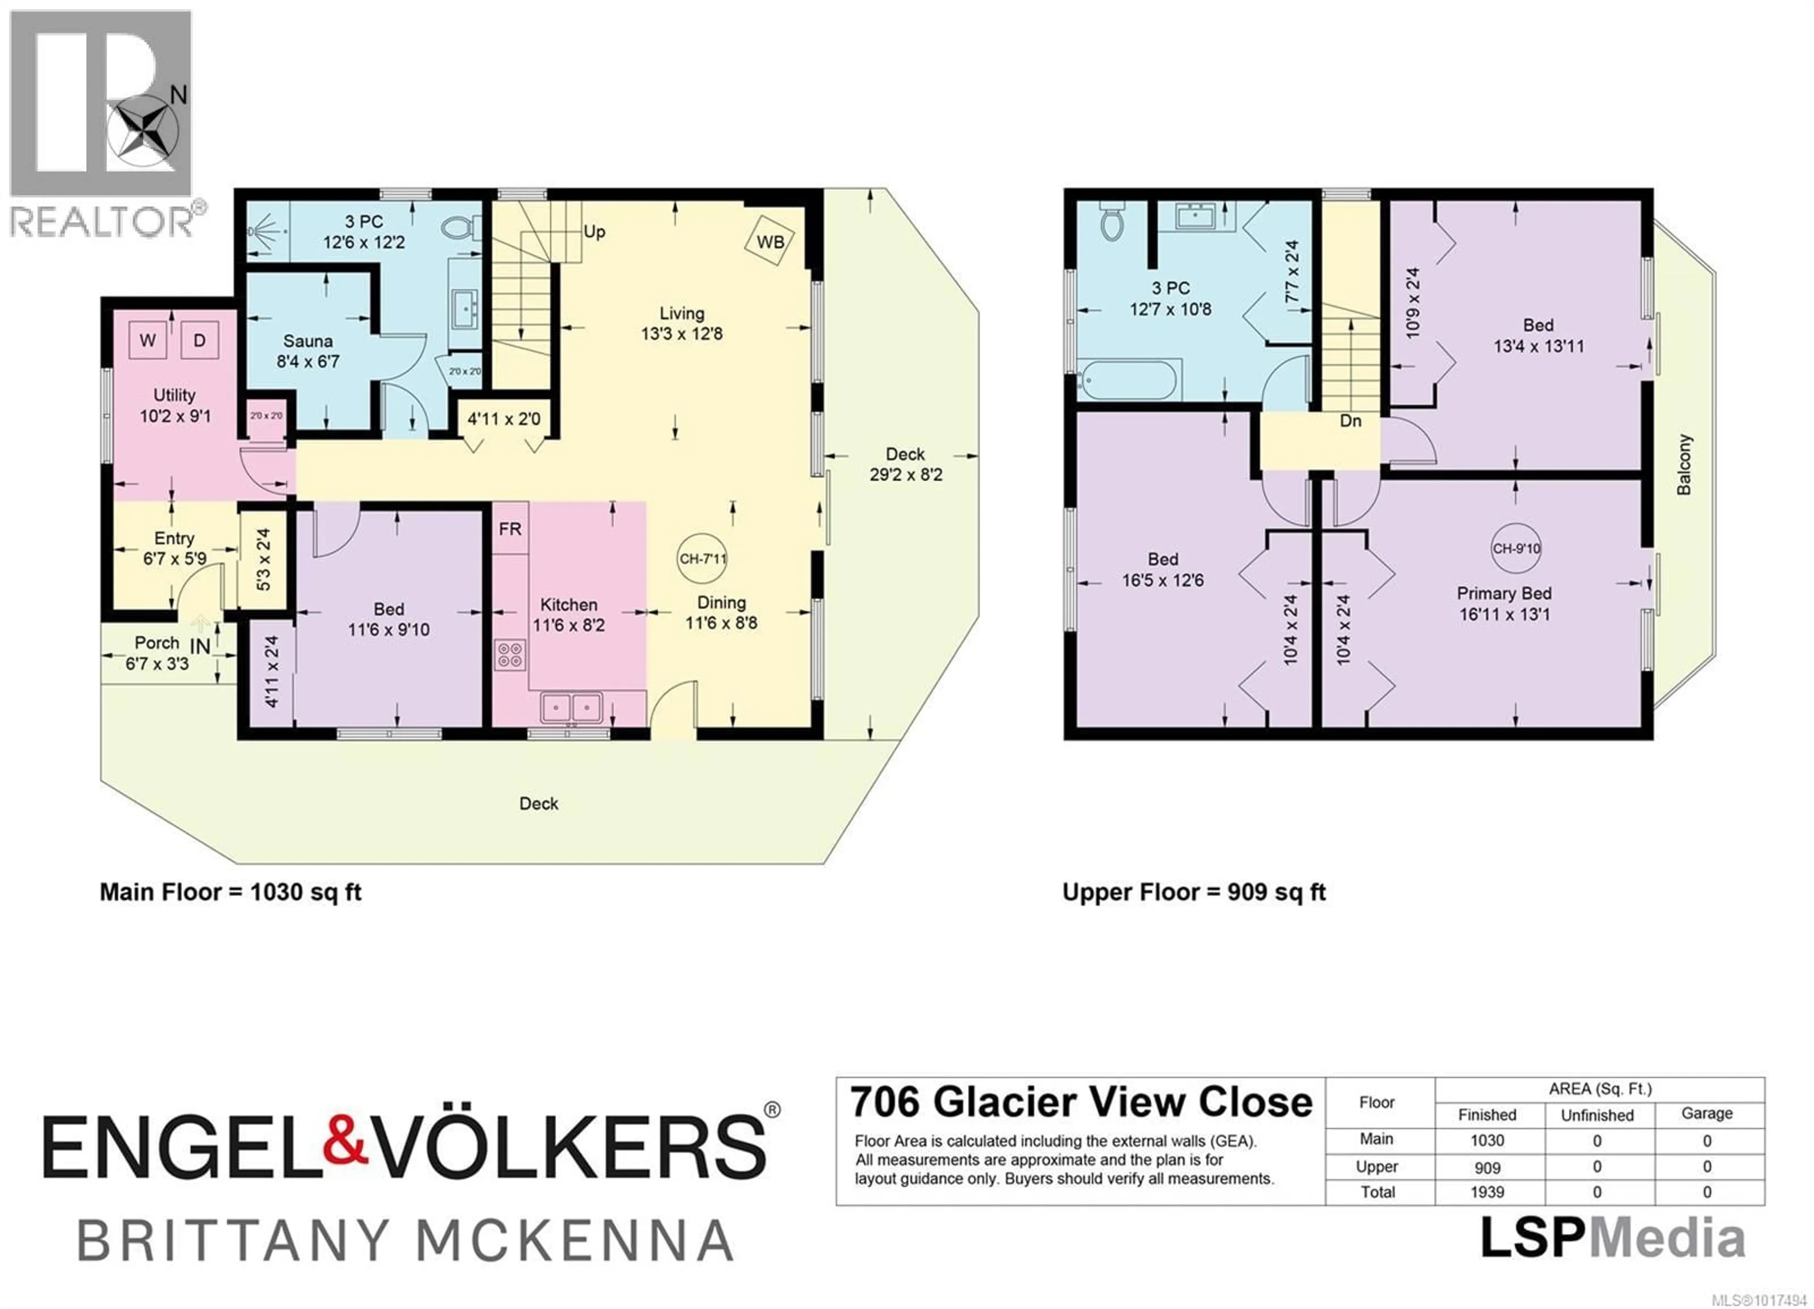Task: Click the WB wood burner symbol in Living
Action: coord(770,241)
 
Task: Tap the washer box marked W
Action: coord(147,340)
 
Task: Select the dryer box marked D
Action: coord(199,340)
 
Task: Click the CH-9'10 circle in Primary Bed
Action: coord(1515,549)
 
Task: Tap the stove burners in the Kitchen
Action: coord(510,655)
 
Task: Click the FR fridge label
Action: coord(510,528)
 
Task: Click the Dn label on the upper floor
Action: coord(1350,421)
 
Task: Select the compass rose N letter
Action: coord(179,95)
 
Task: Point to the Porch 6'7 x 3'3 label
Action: coord(157,653)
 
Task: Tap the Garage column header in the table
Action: coord(1707,1113)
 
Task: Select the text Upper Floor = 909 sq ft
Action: coord(1193,892)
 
